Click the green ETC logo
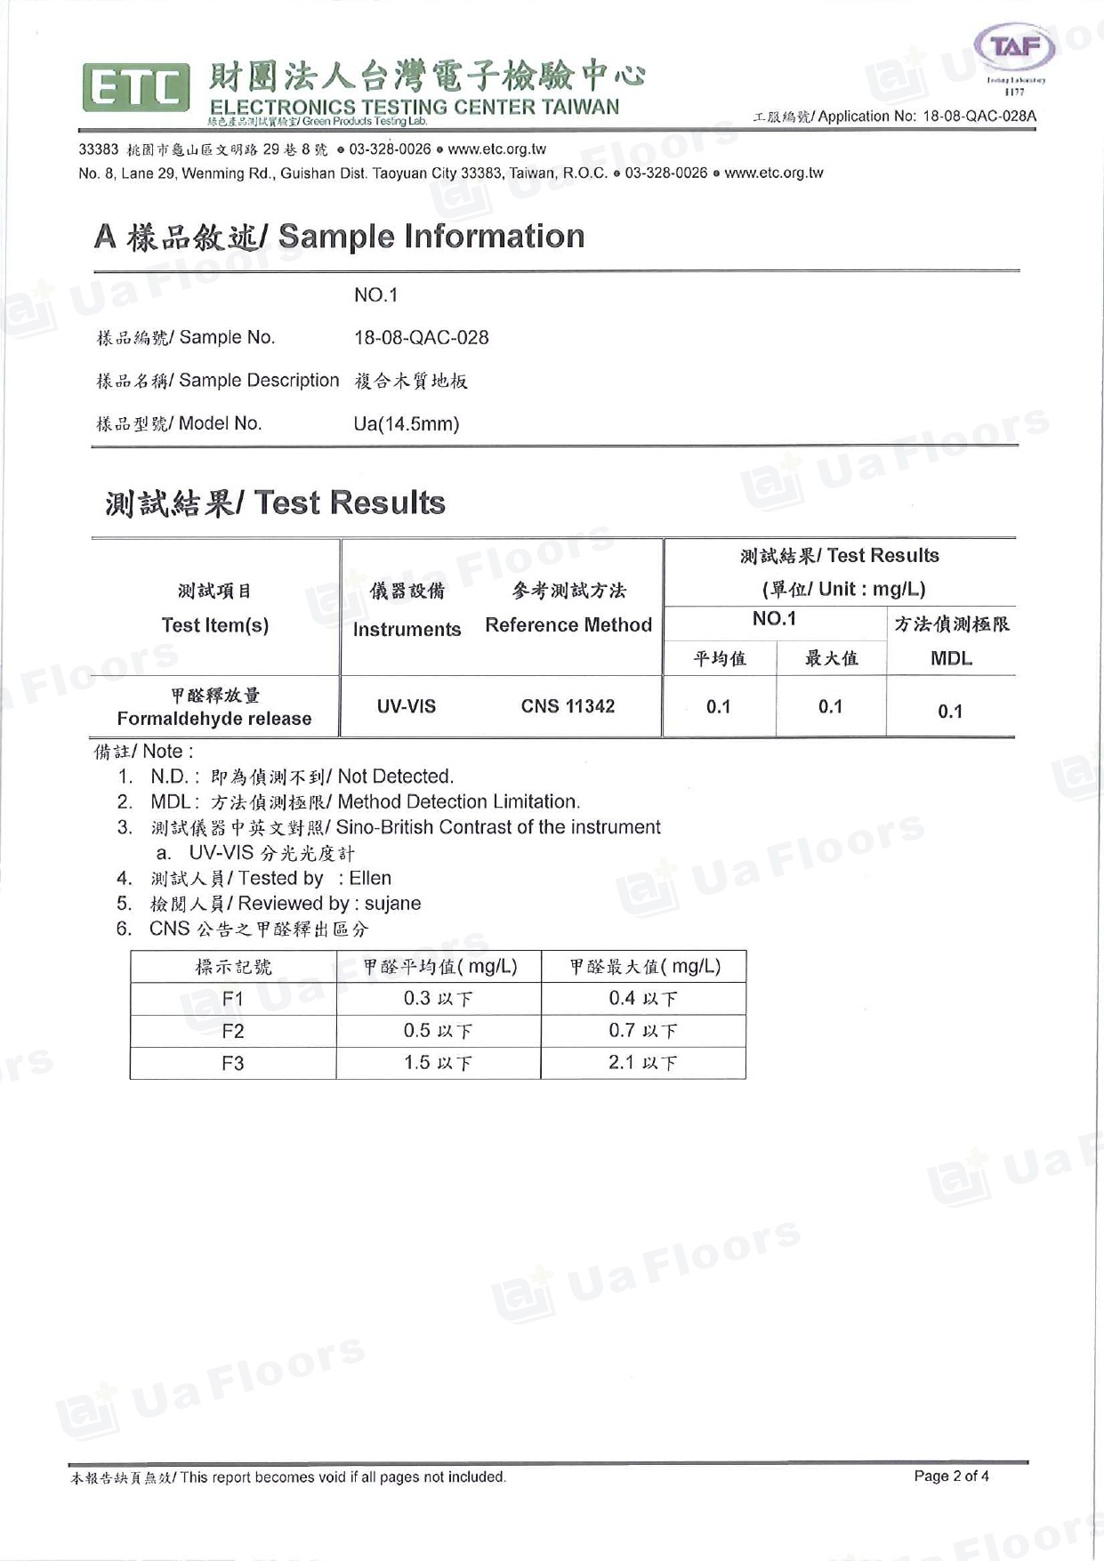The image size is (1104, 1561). coord(136,87)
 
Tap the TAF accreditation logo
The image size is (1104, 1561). coord(1015,48)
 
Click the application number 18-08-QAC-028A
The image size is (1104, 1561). coord(979,116)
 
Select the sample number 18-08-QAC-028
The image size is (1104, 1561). coord(421,338)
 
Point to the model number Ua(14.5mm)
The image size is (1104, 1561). coord(407,424)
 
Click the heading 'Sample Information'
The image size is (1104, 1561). coord(431,237)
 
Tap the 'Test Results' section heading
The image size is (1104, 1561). coord(349,503)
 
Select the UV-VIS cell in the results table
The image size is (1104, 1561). coord(407,707)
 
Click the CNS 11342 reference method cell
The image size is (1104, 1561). coord(568,707)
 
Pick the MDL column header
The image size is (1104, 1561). coord(951,659)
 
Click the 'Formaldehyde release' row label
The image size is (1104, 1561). coord(214,719)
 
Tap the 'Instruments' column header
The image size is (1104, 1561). coord(407,630)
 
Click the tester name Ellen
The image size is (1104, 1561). coord(370,879)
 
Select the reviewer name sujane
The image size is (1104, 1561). coord(392,904)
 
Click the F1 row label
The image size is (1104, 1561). coord(233,999)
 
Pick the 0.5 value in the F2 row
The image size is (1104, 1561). coord(417,1031)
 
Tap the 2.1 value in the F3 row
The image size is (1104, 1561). coord(622,1063)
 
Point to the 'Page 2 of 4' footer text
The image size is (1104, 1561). coord(951,1477)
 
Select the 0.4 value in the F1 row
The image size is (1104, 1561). coord(622,999)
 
